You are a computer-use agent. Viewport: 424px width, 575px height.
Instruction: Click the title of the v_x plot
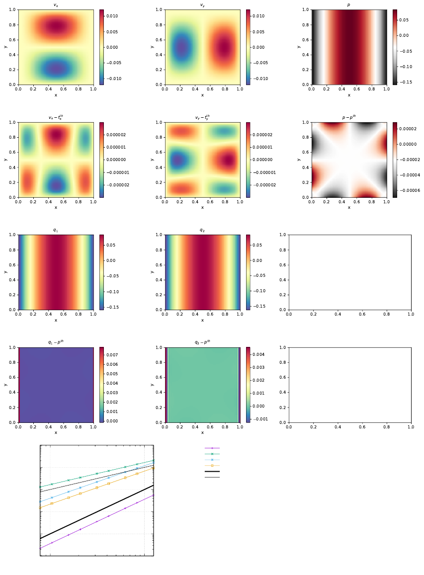coord(56,5)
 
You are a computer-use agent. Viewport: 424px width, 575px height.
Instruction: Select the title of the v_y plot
coord(202,5)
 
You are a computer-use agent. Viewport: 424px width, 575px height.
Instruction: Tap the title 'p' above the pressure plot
coord(349,5)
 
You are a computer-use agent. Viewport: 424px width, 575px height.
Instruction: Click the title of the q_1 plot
coord(56,230)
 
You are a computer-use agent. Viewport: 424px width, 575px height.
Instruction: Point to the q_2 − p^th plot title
coord(202,342)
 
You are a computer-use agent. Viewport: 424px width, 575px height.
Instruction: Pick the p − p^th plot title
coord(349,117)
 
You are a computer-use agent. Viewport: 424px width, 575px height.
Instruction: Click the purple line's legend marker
coord(212,448)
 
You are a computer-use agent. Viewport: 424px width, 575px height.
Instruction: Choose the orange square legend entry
coord(212,466)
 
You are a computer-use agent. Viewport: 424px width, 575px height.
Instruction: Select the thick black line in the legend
coord(212,472)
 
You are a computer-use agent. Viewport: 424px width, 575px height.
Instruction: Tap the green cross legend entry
coord(212,454)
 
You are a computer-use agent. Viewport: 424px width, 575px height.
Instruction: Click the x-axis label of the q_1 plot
coord(56,320)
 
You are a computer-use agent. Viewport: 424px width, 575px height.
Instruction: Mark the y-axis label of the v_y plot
coord(152,47)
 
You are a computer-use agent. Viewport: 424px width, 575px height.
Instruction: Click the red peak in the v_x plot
coord(56,25)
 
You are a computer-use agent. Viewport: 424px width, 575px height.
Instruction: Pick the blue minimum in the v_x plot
coord(56,69)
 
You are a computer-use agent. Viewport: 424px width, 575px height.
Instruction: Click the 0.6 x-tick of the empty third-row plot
coord(362,314)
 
